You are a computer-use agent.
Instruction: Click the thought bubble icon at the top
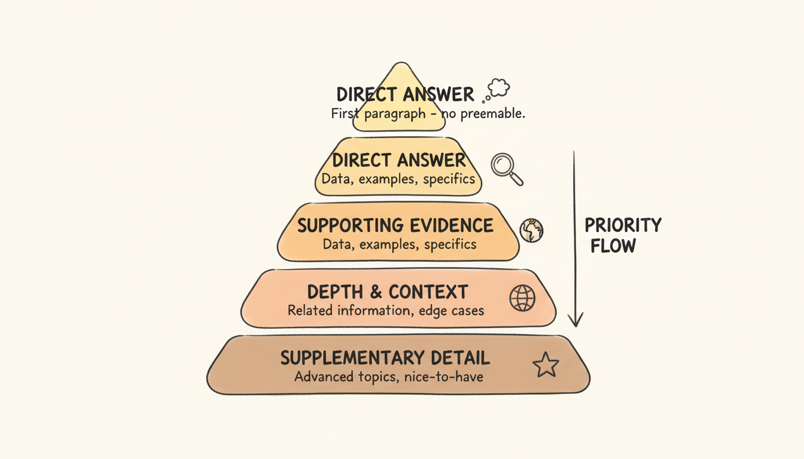498,90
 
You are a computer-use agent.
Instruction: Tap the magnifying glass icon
506,169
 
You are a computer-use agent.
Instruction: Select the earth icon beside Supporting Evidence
531,230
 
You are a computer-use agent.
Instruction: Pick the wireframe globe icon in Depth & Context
522,298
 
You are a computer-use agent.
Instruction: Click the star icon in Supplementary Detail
546,365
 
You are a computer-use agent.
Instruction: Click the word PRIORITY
623,225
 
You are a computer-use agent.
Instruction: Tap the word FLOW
613,246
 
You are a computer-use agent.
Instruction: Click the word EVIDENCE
452,225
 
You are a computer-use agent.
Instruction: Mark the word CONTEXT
428,292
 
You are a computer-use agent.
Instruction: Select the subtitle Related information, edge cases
386,311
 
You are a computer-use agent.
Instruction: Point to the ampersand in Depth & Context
376,292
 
